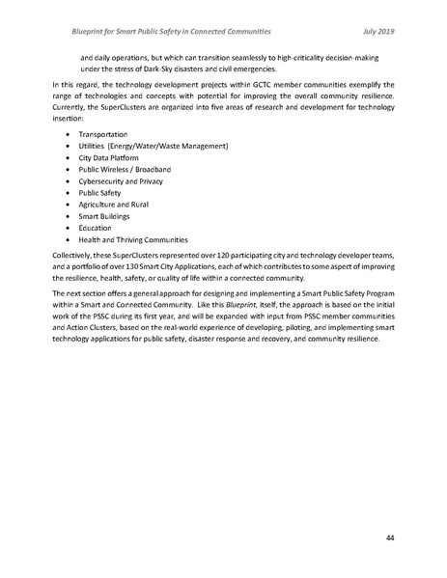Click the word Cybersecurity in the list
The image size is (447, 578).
coord(103,179)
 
